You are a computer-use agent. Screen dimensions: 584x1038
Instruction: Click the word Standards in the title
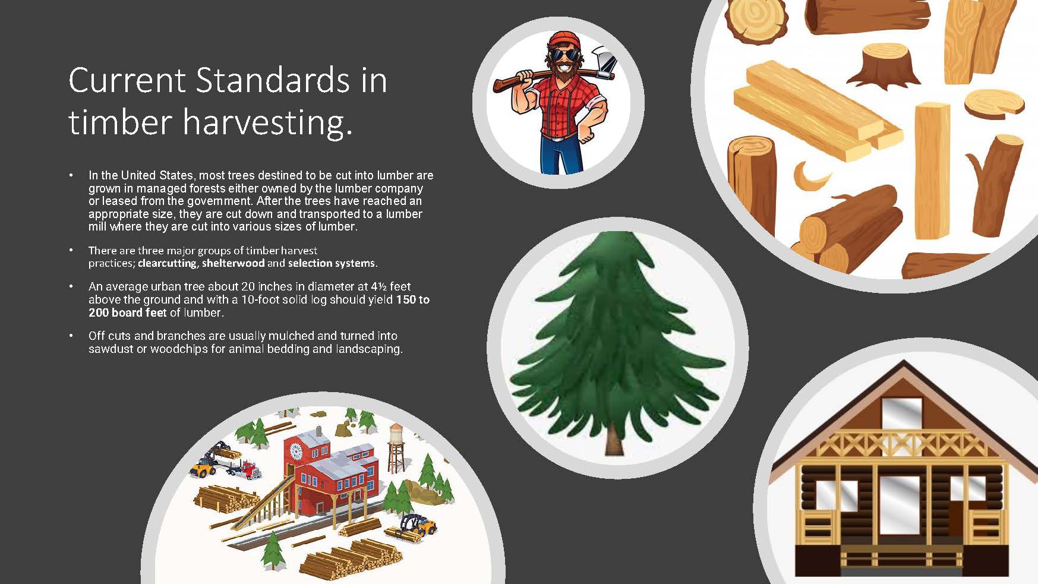273,81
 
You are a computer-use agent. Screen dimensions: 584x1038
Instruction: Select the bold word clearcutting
167,263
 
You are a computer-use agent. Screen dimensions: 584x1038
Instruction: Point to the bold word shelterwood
233,263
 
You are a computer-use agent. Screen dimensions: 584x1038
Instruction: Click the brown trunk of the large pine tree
613,439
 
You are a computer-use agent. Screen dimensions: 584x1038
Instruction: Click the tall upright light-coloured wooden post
932,169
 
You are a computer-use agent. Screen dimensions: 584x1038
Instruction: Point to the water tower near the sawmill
396,448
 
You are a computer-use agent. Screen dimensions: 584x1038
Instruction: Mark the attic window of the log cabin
901,415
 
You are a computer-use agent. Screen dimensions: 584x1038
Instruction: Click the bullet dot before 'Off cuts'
71,336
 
